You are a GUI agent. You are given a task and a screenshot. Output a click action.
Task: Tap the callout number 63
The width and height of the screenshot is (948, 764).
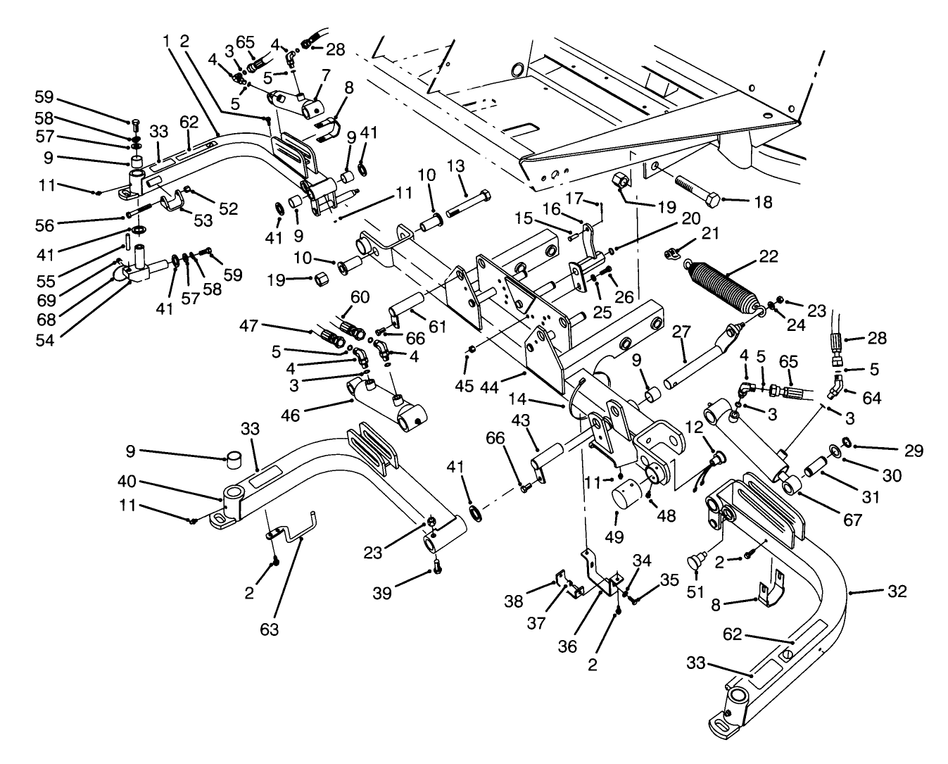tap(270, 629)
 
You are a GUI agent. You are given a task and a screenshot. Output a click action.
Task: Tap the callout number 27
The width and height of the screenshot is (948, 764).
tap(681, 331)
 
